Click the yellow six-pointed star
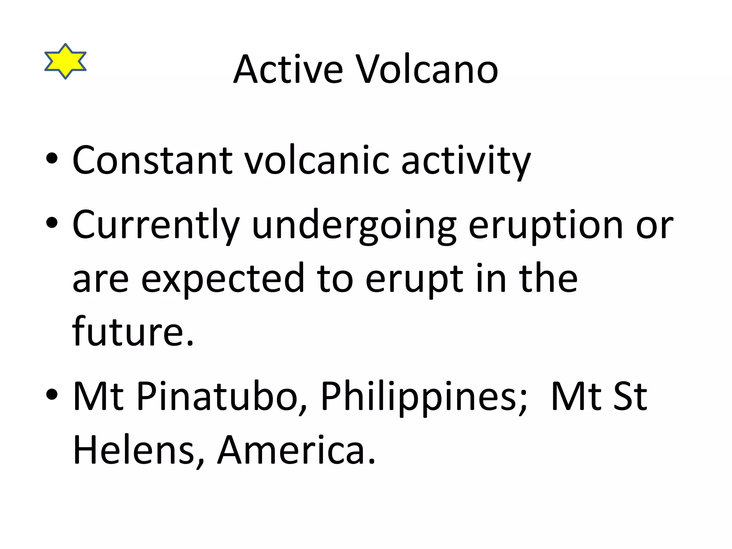[x=65, y=61]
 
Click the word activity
[x=466, y=161]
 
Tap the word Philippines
[x=424, y=397]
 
